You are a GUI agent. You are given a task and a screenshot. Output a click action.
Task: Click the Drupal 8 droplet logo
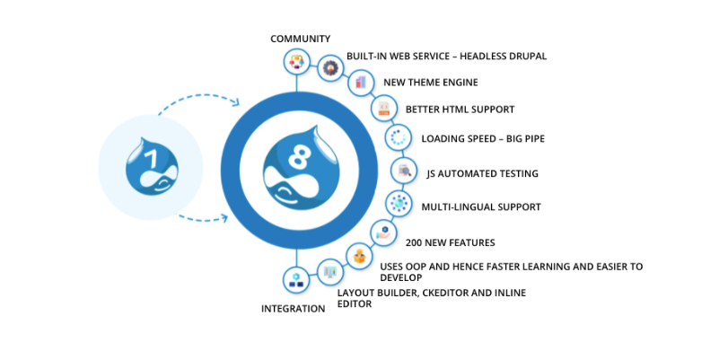[296, 167]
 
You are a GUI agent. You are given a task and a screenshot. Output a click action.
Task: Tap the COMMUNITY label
[301, 39]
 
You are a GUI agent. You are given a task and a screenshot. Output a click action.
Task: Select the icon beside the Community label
[296, 62]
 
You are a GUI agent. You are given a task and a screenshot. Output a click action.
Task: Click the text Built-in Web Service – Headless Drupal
[446, 57]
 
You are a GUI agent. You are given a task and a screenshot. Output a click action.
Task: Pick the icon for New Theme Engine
[360, 83]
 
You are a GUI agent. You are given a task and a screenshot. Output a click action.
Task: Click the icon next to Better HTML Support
[383, 110]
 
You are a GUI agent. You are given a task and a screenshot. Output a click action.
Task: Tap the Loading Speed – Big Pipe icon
[397, 138]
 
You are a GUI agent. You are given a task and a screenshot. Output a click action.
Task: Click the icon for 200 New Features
[383, 233]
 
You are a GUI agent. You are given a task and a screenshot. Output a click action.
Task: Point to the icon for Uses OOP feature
[359, 257]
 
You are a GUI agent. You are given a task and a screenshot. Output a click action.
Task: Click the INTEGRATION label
[293, 309]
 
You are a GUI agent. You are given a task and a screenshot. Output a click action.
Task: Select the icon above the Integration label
[295, 280]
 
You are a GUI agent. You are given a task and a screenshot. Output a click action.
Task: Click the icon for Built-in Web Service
[330, 67]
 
